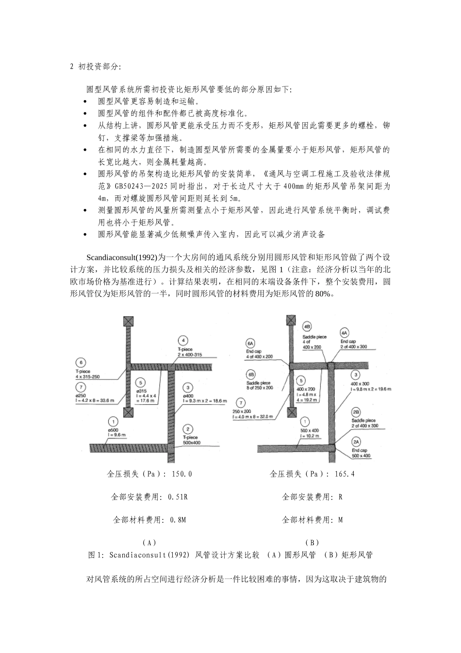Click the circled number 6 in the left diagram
[x=81, y=362]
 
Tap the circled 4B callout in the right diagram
[x=307, y=326]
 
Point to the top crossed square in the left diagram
[x=128, y=321]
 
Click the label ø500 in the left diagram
[x=113, y=430]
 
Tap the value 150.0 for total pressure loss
[x=182, y=474]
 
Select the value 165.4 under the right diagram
[x=345, y=474]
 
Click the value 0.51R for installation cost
[x=178, y=497]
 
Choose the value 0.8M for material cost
[x=178, y=520]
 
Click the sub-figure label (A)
[x=149, y=542]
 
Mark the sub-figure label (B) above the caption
[x=312, y=542]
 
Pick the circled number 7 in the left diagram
[x=81, y=387]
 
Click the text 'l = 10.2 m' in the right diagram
[x=311, y=436]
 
